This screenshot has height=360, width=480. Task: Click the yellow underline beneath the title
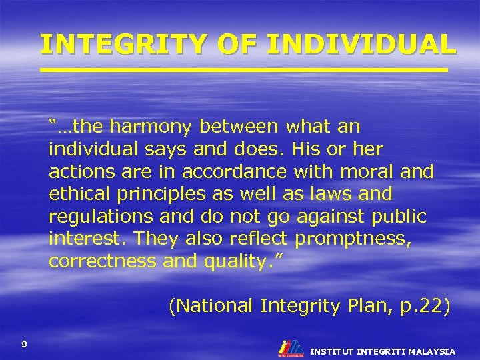click(x=243, y=69)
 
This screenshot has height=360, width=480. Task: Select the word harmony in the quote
click(x=153, y=126)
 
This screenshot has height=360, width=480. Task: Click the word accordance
click(x=234, y=171)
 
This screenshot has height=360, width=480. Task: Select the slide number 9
click(x=24, y=344)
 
